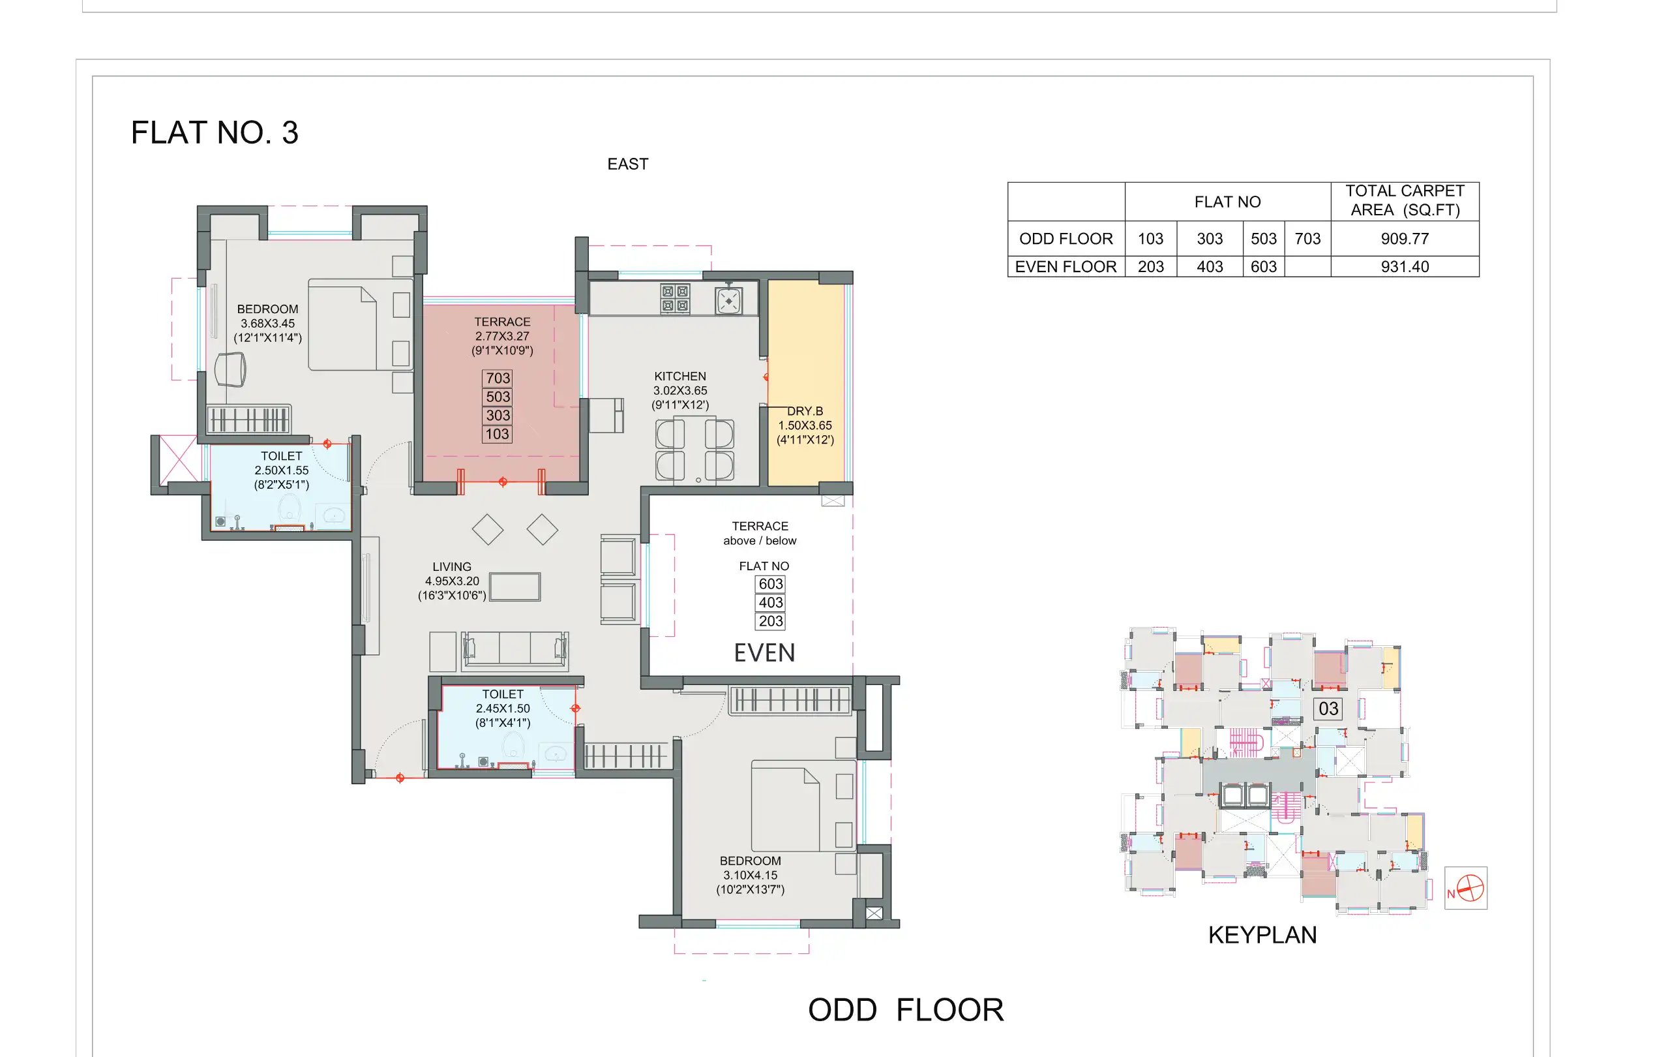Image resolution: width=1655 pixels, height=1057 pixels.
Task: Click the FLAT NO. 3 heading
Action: tap(215, 132)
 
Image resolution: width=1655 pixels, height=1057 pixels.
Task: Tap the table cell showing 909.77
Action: tap(1404, 239)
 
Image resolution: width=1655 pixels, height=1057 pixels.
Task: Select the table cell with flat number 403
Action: tap(1209, 267)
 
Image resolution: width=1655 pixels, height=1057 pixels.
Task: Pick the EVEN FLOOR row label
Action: tap(1066, 267)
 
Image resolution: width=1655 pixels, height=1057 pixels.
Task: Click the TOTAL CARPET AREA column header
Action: tap(1404, 201)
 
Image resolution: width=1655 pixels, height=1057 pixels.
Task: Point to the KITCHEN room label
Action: tap(679, 390)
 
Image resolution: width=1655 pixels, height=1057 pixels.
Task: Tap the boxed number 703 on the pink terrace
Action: tap(498, 378)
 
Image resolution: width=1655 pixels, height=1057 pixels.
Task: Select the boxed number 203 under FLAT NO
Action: tap(771, 621)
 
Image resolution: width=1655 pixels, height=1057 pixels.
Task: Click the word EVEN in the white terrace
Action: tap(764, 652)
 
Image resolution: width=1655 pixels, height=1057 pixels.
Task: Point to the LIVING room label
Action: tap(451, 581)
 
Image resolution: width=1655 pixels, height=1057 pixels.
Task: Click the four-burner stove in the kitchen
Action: tap(675, 298)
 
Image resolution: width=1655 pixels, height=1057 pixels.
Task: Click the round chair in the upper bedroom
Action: tap(230, 370)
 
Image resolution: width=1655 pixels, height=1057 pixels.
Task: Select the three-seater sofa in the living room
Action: tap(514, 649)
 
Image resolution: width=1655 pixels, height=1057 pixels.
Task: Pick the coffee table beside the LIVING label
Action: tap(514, 587)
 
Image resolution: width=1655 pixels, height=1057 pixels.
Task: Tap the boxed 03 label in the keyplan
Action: tap(1328, 709)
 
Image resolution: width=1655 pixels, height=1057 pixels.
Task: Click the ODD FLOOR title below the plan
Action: tap(905, 1009)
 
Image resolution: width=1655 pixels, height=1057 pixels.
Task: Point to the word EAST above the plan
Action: tap(627, 164)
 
